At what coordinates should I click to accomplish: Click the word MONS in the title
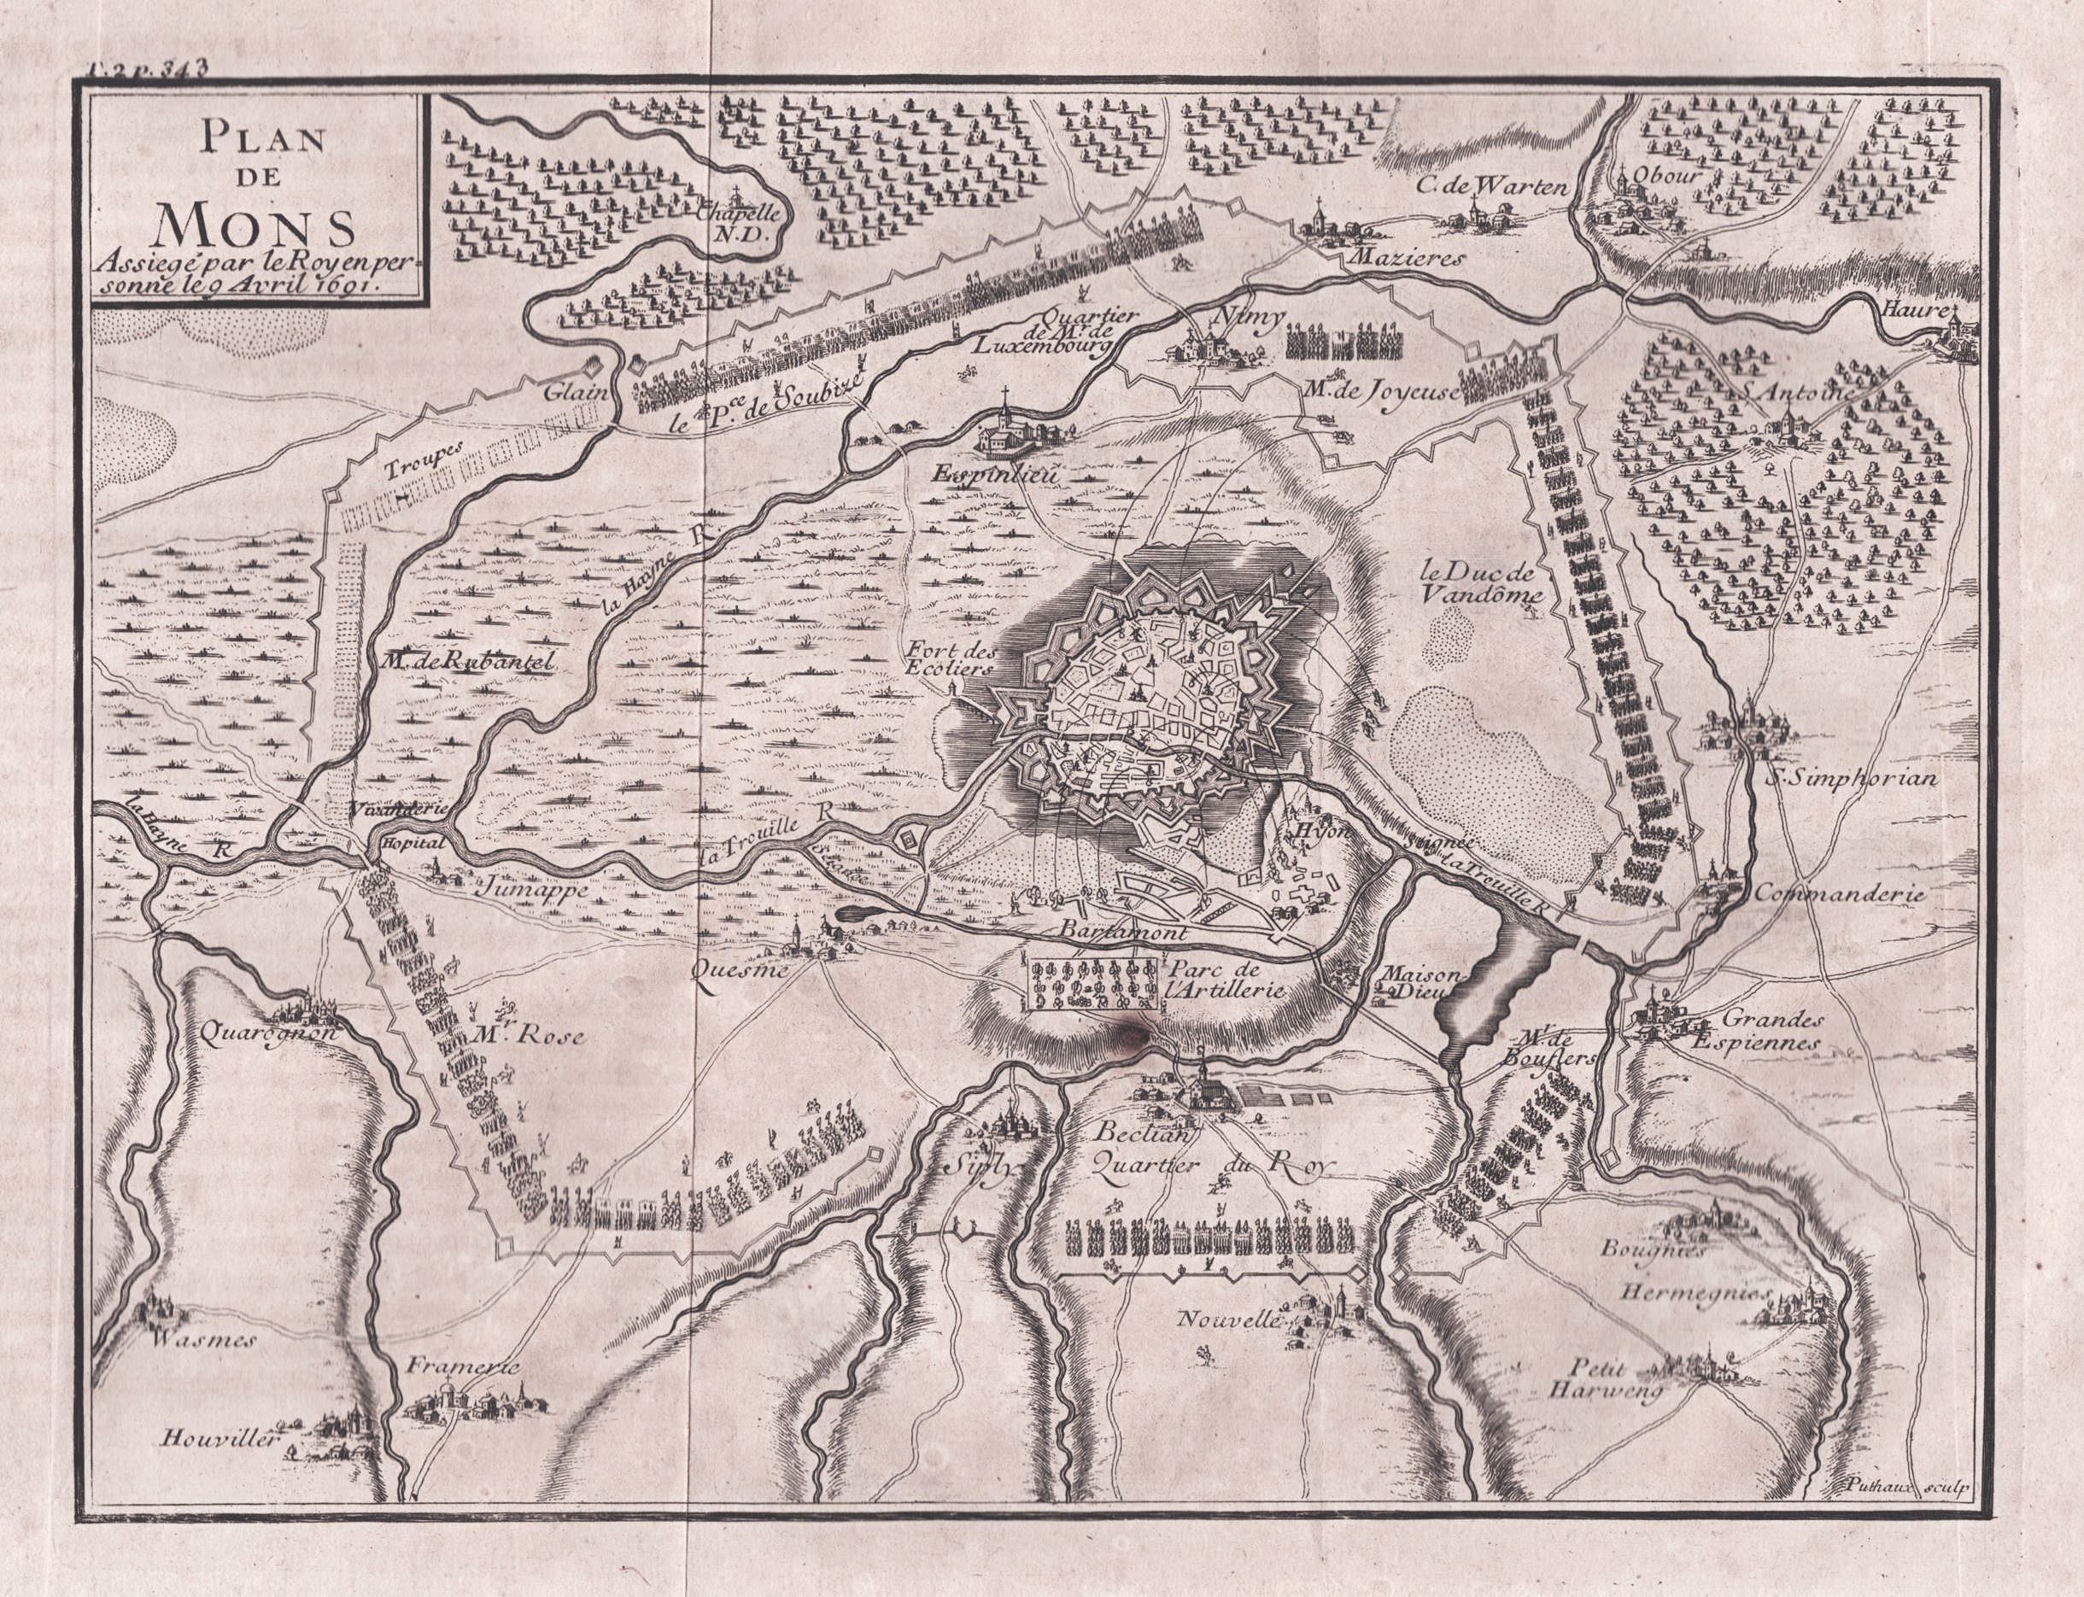(254, 225)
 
